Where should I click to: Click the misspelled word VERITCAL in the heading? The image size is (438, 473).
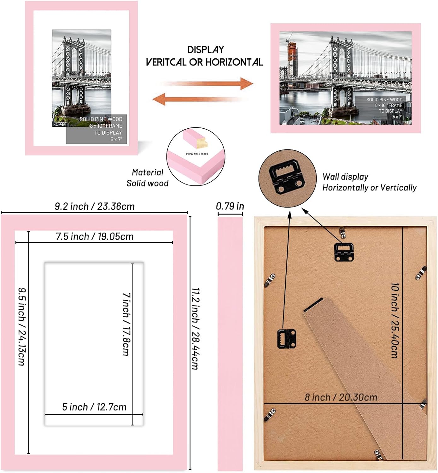[166, 62]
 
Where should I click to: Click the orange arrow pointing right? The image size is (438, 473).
[208, 84]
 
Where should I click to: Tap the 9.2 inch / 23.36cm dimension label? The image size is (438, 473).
[95, 207]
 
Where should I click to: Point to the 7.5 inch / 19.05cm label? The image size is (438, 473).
[95, 237]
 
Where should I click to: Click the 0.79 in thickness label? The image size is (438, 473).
[230, 206]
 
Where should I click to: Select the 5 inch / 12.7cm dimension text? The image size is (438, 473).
[94, 407]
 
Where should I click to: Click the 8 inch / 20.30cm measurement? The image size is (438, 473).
[341, 397]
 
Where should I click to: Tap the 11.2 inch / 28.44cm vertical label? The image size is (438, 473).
[196, 328]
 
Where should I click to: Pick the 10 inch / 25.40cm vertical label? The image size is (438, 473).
[394, 320]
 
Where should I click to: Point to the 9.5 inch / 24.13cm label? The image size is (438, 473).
[21, 326]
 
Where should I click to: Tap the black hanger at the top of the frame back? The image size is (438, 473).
[344, 251]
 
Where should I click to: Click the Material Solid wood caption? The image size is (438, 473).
[147, 178]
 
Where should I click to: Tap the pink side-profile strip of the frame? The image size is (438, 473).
[230, 344]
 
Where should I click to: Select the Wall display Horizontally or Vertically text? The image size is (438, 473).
[369, 182]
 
